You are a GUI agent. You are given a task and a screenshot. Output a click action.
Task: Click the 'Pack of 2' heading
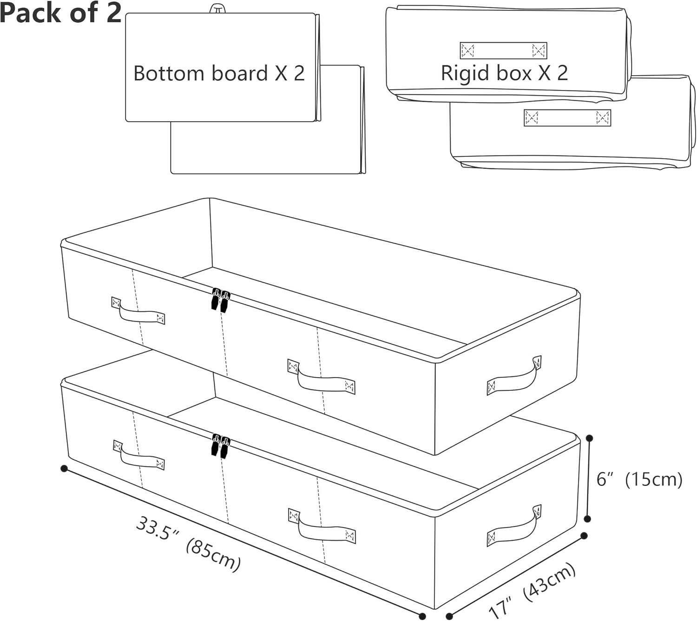60,13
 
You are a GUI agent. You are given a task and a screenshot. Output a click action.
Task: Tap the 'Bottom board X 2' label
219,73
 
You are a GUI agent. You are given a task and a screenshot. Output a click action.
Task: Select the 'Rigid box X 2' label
504,73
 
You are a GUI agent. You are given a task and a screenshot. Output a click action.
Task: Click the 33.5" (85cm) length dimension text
188,544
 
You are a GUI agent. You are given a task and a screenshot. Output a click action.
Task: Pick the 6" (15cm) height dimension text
639,479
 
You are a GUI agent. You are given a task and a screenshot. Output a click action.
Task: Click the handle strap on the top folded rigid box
503,50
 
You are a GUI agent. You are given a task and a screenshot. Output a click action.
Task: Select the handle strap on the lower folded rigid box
567,118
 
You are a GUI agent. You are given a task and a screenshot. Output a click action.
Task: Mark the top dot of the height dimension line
590,438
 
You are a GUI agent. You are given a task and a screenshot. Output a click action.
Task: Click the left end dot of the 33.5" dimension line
64,468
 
